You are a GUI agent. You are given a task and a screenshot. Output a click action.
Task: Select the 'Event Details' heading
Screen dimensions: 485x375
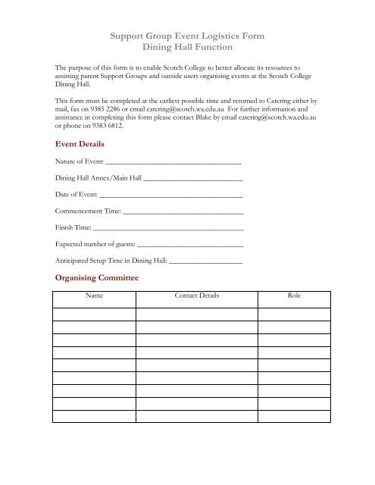(x=80, y=144)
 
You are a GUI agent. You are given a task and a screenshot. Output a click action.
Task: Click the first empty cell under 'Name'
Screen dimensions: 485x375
(x=94, y=314)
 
